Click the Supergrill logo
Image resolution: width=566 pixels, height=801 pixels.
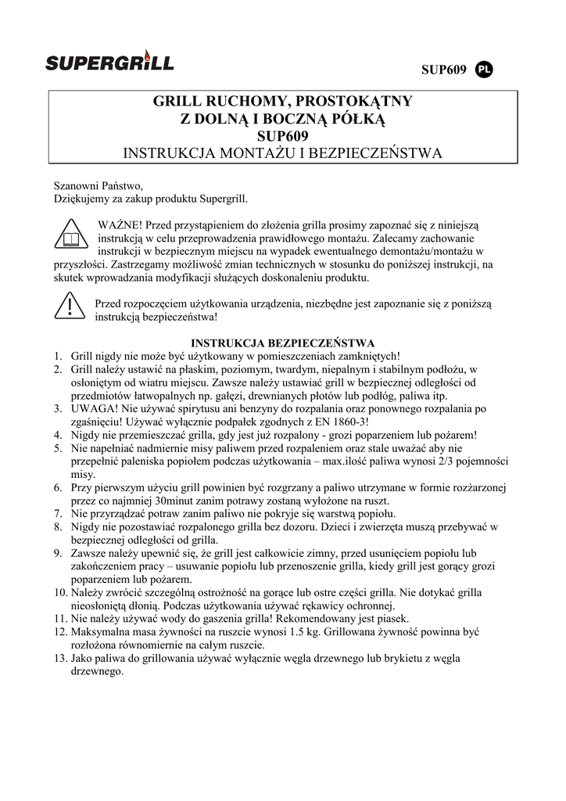(109, 63)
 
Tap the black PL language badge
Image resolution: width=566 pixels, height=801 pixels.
(484, 70)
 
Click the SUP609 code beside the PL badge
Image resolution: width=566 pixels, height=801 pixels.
(444, 70)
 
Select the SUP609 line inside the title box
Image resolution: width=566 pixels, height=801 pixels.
(283, 135)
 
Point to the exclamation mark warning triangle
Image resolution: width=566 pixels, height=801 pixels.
(70, 306)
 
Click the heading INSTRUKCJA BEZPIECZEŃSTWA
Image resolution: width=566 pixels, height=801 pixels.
(283, 343)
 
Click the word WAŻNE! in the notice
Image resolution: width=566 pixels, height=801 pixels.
(118, 224)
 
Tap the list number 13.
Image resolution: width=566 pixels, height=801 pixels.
(59, 659)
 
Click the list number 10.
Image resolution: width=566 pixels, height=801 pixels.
(59, 592)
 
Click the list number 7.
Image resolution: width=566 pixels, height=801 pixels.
(58, 513)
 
